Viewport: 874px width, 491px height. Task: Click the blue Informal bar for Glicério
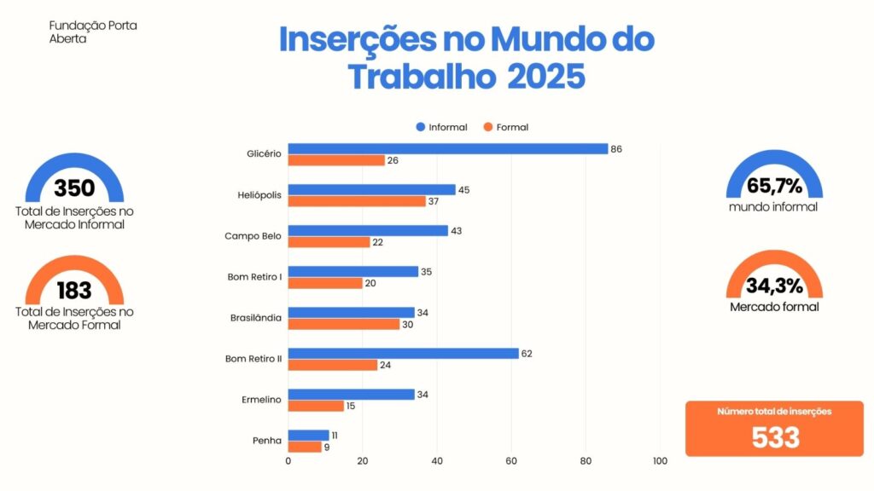tap(447, 148)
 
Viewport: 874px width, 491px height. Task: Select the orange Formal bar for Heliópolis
tap(357, 201)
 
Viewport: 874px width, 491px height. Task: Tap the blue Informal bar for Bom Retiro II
tap(403, 353)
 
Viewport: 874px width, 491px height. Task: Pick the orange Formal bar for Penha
tap(305, 447)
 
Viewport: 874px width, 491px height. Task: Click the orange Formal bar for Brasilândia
tap(343, 324)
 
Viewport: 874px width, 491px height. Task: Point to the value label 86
tap(616, 149)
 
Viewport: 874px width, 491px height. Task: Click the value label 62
tap(527, 354)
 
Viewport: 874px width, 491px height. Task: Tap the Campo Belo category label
tap(253, 236)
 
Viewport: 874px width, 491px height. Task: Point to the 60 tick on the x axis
tap(511, 461)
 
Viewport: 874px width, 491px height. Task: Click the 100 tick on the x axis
tap(660, 461)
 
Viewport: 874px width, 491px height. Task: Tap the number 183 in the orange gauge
tap(74, 290)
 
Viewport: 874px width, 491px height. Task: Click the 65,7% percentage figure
tap(773, 185)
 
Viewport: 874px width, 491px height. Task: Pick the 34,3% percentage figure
tap(773, 285)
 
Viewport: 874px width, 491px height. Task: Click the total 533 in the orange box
tap(775, 437)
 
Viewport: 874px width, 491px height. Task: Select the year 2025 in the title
tap(546, 78)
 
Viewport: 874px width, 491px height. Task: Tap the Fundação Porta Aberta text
tap(93, 32)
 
